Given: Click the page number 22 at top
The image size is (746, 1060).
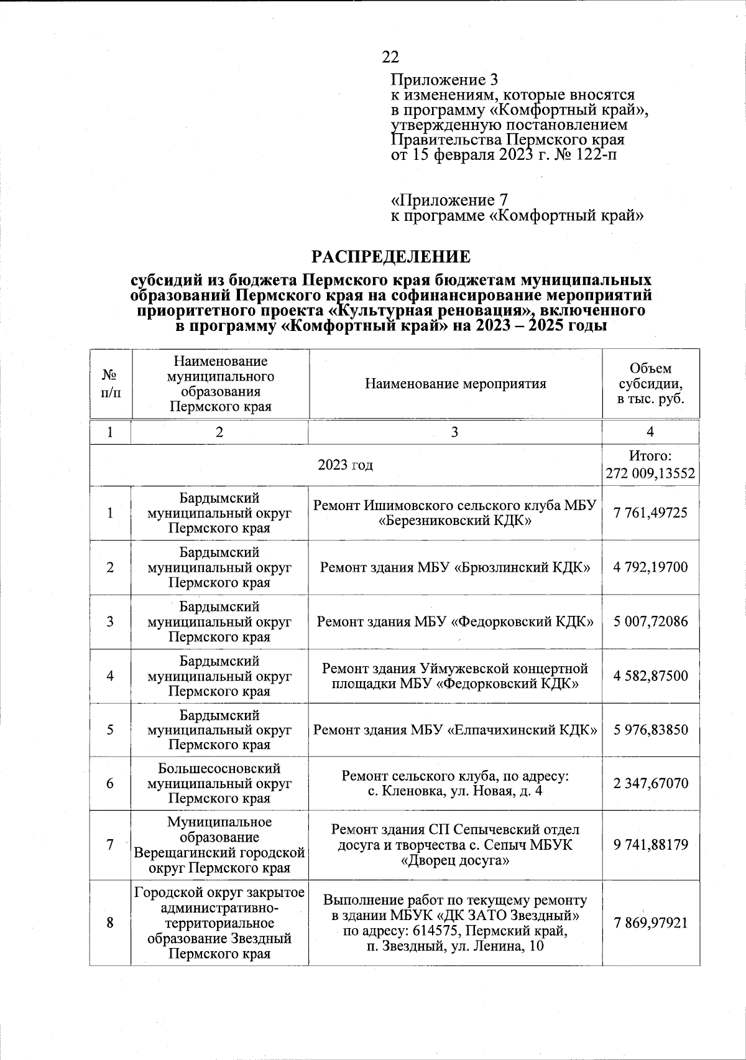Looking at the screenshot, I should pos(390,57).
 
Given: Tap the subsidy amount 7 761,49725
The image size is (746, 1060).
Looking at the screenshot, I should pos(650,513).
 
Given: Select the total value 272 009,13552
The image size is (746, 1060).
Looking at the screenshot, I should pos(650,475).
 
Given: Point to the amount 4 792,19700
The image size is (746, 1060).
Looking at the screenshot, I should pos(650,567).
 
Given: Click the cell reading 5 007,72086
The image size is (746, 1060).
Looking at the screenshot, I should pos(650,621).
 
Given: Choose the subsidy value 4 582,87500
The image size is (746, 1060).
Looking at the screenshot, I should pos(650,676).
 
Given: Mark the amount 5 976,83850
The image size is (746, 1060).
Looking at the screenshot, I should pos(650,730).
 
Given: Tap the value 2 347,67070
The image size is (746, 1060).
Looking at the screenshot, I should pos(650,783).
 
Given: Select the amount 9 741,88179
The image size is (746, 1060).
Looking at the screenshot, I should pos(650,845).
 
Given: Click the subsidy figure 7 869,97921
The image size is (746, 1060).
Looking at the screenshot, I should pos(650,923).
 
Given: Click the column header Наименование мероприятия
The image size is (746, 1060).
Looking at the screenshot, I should pos(455,384).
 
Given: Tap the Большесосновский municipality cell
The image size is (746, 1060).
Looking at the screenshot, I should pos(219,783).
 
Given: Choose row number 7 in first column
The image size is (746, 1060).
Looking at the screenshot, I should pos(110,845).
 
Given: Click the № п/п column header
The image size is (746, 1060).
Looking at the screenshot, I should pos(110,384).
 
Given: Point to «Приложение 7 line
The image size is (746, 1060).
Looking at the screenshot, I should pos(449,201).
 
